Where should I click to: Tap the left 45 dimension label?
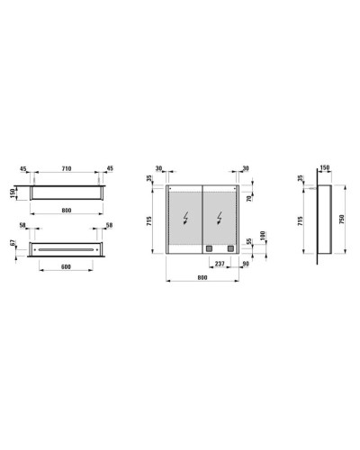pyautogui.click(x=23, y=167)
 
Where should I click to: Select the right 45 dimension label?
pyautogui.click(x=110, y=167)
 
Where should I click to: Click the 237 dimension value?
pyautogui.click(x=219, y=263)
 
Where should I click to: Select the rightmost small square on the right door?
pyautogui.click(x=229, y=248)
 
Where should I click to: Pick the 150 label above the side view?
pyautogui.click(x=325, y=167)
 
